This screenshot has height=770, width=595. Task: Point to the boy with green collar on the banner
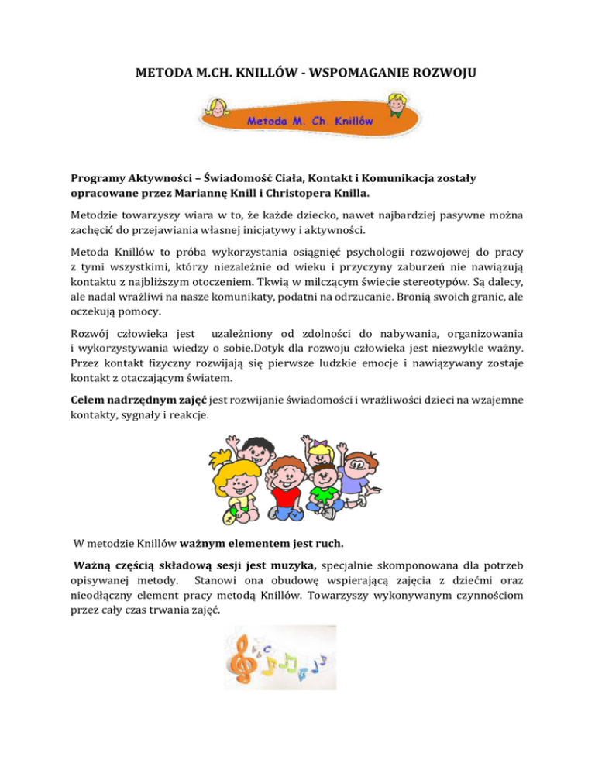[377, 105]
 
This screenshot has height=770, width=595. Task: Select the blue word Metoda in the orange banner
[268, 122]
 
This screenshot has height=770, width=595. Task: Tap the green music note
[291, 662]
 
